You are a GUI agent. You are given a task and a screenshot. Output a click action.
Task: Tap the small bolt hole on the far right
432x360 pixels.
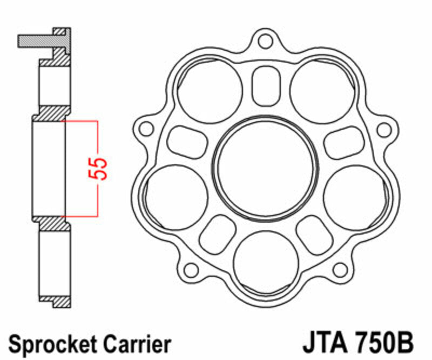pos(383,129)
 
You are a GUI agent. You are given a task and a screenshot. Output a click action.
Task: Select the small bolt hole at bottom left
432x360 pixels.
pos(190,269)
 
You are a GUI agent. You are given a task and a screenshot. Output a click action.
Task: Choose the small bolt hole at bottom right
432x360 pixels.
pos(339,269)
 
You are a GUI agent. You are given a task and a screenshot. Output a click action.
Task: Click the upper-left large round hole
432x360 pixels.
pos(210,91)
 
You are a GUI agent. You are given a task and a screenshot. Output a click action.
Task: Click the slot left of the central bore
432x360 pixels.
pos(187,142)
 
